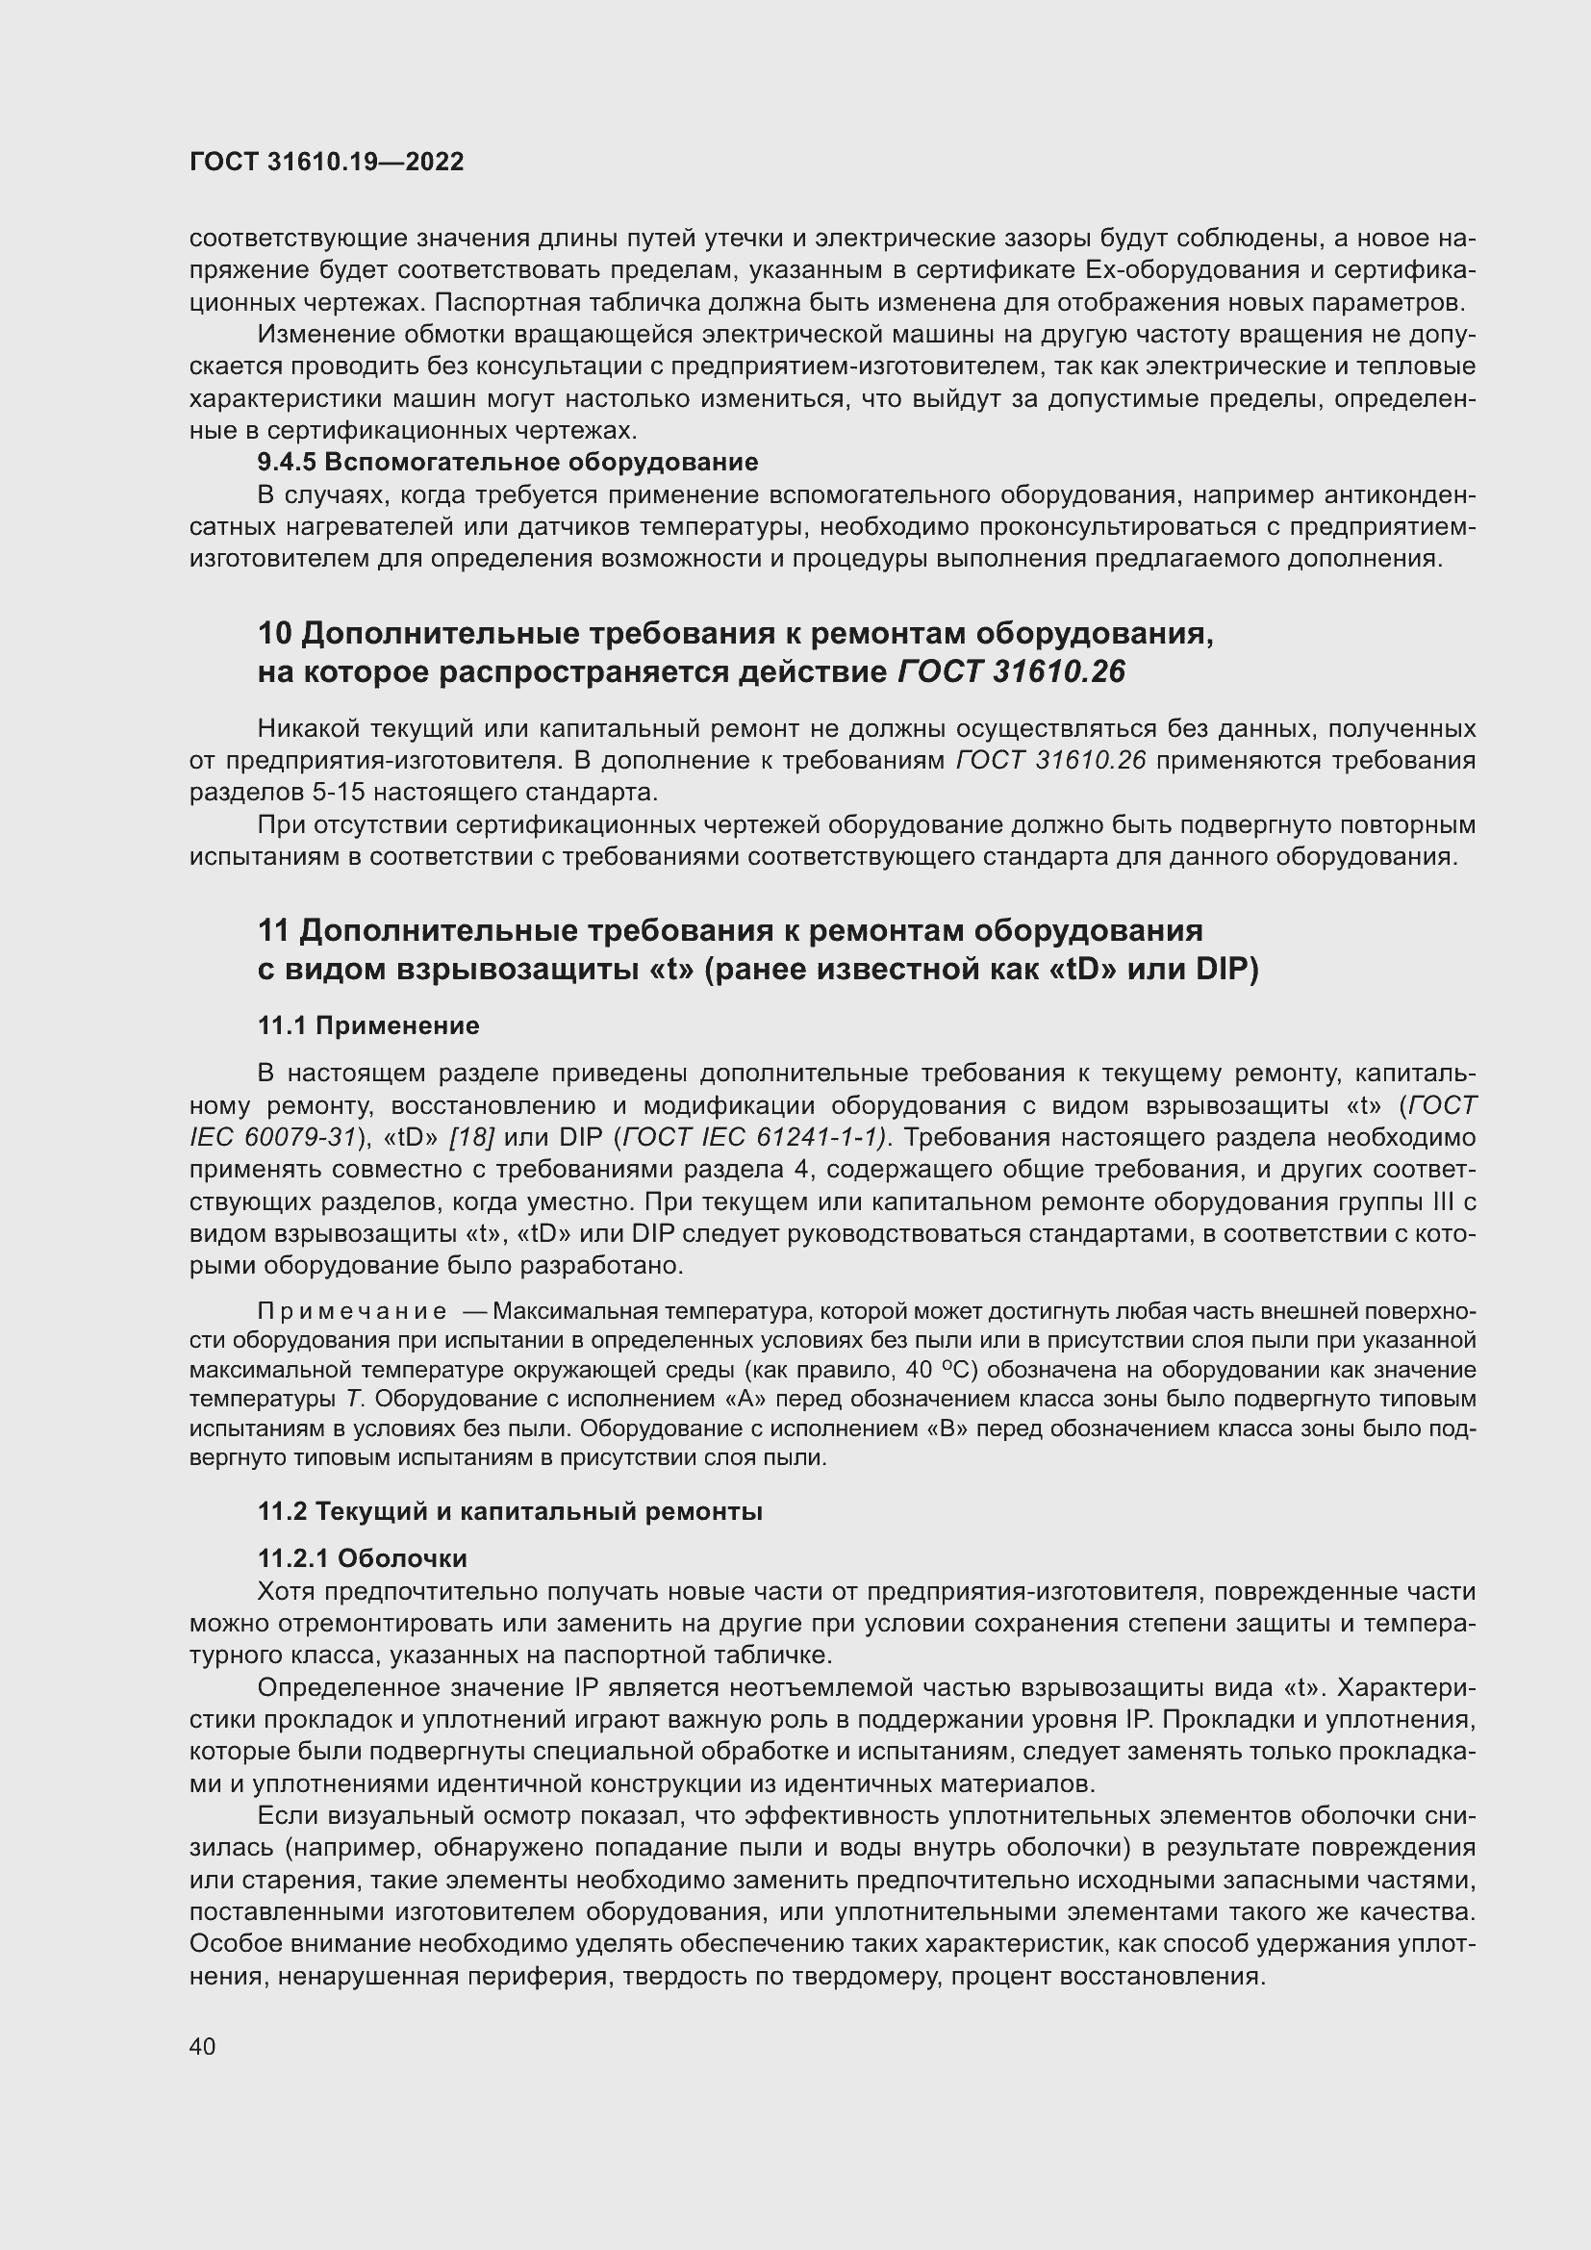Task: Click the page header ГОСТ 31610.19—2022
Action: coord(326,163)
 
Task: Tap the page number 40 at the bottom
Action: coord(203,2046)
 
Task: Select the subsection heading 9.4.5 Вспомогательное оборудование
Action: coord(508,462)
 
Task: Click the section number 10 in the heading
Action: coord(274,634)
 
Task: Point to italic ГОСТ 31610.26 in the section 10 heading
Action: coord(1011,672)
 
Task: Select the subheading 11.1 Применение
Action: coord(368,1026)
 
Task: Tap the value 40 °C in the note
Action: coord(926,1369)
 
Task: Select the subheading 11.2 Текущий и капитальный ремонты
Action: coord(510,1511)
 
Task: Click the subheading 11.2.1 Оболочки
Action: coord(363,1558)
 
